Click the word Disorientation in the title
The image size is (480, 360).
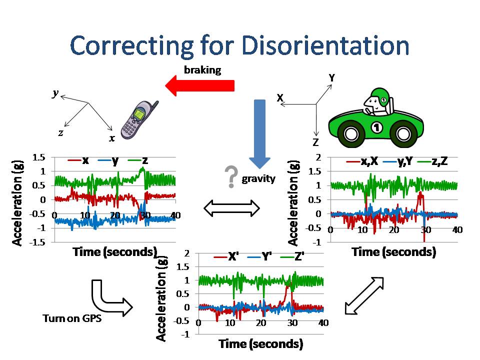click(325, 46)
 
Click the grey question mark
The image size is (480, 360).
click(230, 177)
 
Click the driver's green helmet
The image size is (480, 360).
click(380, 97)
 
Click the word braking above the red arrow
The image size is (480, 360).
click(202, 70)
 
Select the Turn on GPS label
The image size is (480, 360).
click(72, 318)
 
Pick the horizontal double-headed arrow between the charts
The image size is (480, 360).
click(232, 208)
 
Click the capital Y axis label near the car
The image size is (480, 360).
click(331, 77)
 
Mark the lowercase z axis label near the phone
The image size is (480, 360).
click(60, 132)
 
